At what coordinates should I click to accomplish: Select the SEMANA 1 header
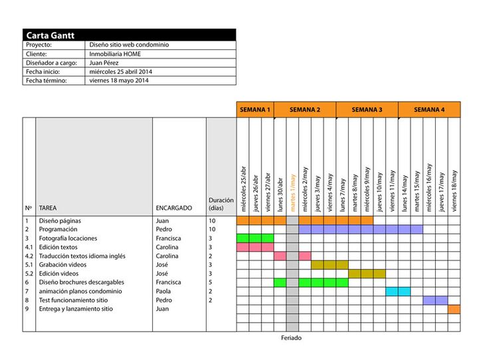pyautogui.click(x=255, y=110)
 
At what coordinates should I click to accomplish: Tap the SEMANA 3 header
pyautogui.click(x=367, y=110)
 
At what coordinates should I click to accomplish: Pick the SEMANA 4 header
pyautogui.click(x=429, y=110)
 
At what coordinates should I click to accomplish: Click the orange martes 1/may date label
pyautogui.click(x=292, y=193)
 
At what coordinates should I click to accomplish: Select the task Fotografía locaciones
pyautogui.click(x=68, y=238)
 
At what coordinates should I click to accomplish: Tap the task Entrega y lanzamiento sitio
pyautogui.click(x=76, y=309)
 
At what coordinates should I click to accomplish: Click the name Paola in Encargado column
pyautogui.click(x=163, y=291)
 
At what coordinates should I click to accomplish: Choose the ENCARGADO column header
pyautogui.click(x=174, y=208)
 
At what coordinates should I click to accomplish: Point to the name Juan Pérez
pyautogui.click(x=104, y=62)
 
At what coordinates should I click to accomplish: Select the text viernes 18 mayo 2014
pyautogui.click(x=119, y=80)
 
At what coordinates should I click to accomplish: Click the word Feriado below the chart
pyautogui.click(x=291, y=337)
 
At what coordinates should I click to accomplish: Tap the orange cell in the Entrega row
pyautogui.click(x=454, y=309)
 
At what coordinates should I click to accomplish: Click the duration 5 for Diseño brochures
pyautogui.click(x=211, y=282)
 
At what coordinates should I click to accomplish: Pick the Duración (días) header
pyautogui.click(x=221, y=203)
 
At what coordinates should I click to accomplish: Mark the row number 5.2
pyautogui.click(x=29, y=273)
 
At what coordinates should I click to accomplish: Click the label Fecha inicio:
pyautogui.click(x=43, y=71)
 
